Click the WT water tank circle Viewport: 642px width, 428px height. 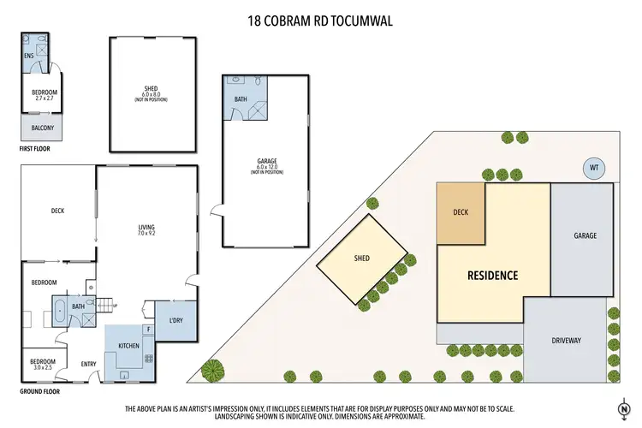593,168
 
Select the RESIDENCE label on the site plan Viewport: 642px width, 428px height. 492,276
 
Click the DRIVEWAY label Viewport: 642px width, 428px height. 567,340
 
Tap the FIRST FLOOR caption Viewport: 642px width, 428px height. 39,148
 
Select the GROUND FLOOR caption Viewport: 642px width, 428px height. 43,390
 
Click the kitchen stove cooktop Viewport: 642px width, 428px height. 148,359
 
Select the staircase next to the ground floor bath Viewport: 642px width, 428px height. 104,301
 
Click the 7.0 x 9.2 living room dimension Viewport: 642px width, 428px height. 146,234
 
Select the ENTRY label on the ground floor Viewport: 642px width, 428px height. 89,364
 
